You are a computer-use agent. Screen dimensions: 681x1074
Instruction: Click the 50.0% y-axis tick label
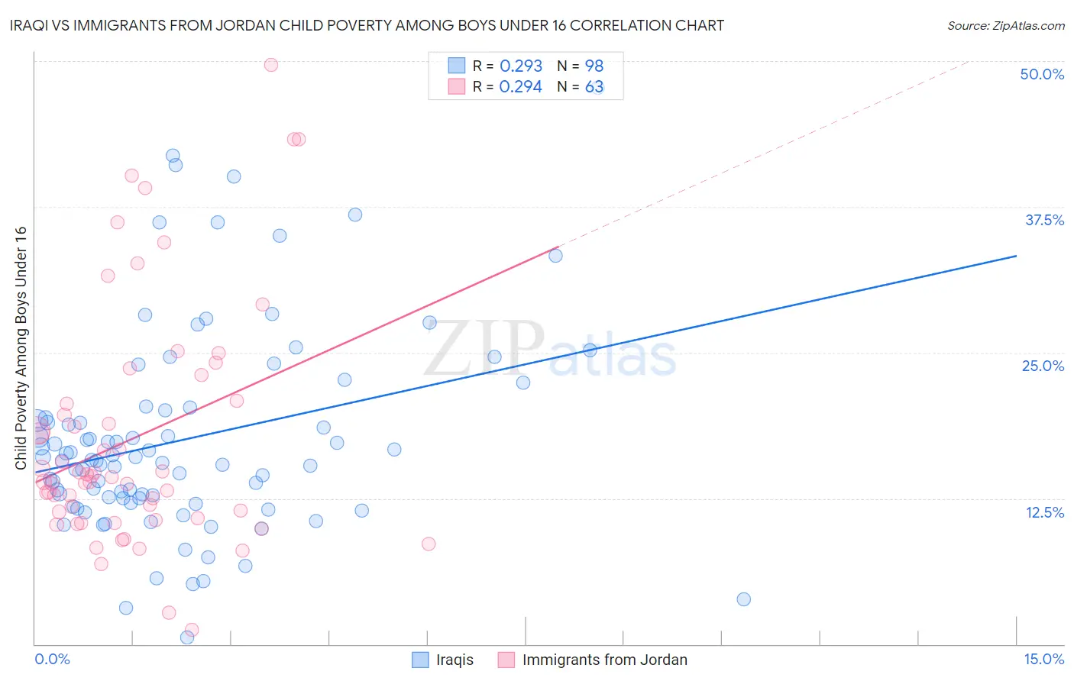click(x=1042, y=75)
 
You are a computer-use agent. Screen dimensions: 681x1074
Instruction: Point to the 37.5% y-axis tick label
click(x=1044, y=221)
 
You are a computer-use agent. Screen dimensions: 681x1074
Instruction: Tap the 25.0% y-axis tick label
click(x=1043, y=366)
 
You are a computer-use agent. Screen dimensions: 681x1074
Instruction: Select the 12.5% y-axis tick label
click(x=1044, y=512)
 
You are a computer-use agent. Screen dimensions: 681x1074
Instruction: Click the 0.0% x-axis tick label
click(x=52, y=660)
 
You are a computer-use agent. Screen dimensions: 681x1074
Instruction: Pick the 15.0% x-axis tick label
click(x=1043, y=660)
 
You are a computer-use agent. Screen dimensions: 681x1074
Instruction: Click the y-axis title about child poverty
click(x=21, y=348)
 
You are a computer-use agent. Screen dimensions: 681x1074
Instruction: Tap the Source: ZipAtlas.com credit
click(x=1005, y=26)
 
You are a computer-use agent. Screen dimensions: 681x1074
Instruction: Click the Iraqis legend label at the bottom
click(x=455, y=660)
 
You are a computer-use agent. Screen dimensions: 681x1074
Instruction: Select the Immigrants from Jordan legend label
click(x=604, y=660)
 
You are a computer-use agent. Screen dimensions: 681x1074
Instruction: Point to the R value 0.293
click(x=521, y=66)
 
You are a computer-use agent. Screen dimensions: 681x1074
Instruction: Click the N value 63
click(x=594, y=87)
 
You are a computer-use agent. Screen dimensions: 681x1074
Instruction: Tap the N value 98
click(x=594, y=66)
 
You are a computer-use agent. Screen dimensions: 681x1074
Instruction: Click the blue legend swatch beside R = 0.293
click(x=457, y=66)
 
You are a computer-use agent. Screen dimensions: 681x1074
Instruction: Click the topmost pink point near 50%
click(x=270, y=65)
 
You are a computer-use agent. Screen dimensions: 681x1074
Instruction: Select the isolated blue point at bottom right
click(x=743, y=599)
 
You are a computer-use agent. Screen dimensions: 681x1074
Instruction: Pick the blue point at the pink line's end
click(x=555, y=256)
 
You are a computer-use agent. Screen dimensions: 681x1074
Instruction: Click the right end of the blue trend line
click(x=1016, y=256)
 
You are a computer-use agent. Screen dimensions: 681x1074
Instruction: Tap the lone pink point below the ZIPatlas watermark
click(x=429, y=544)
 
